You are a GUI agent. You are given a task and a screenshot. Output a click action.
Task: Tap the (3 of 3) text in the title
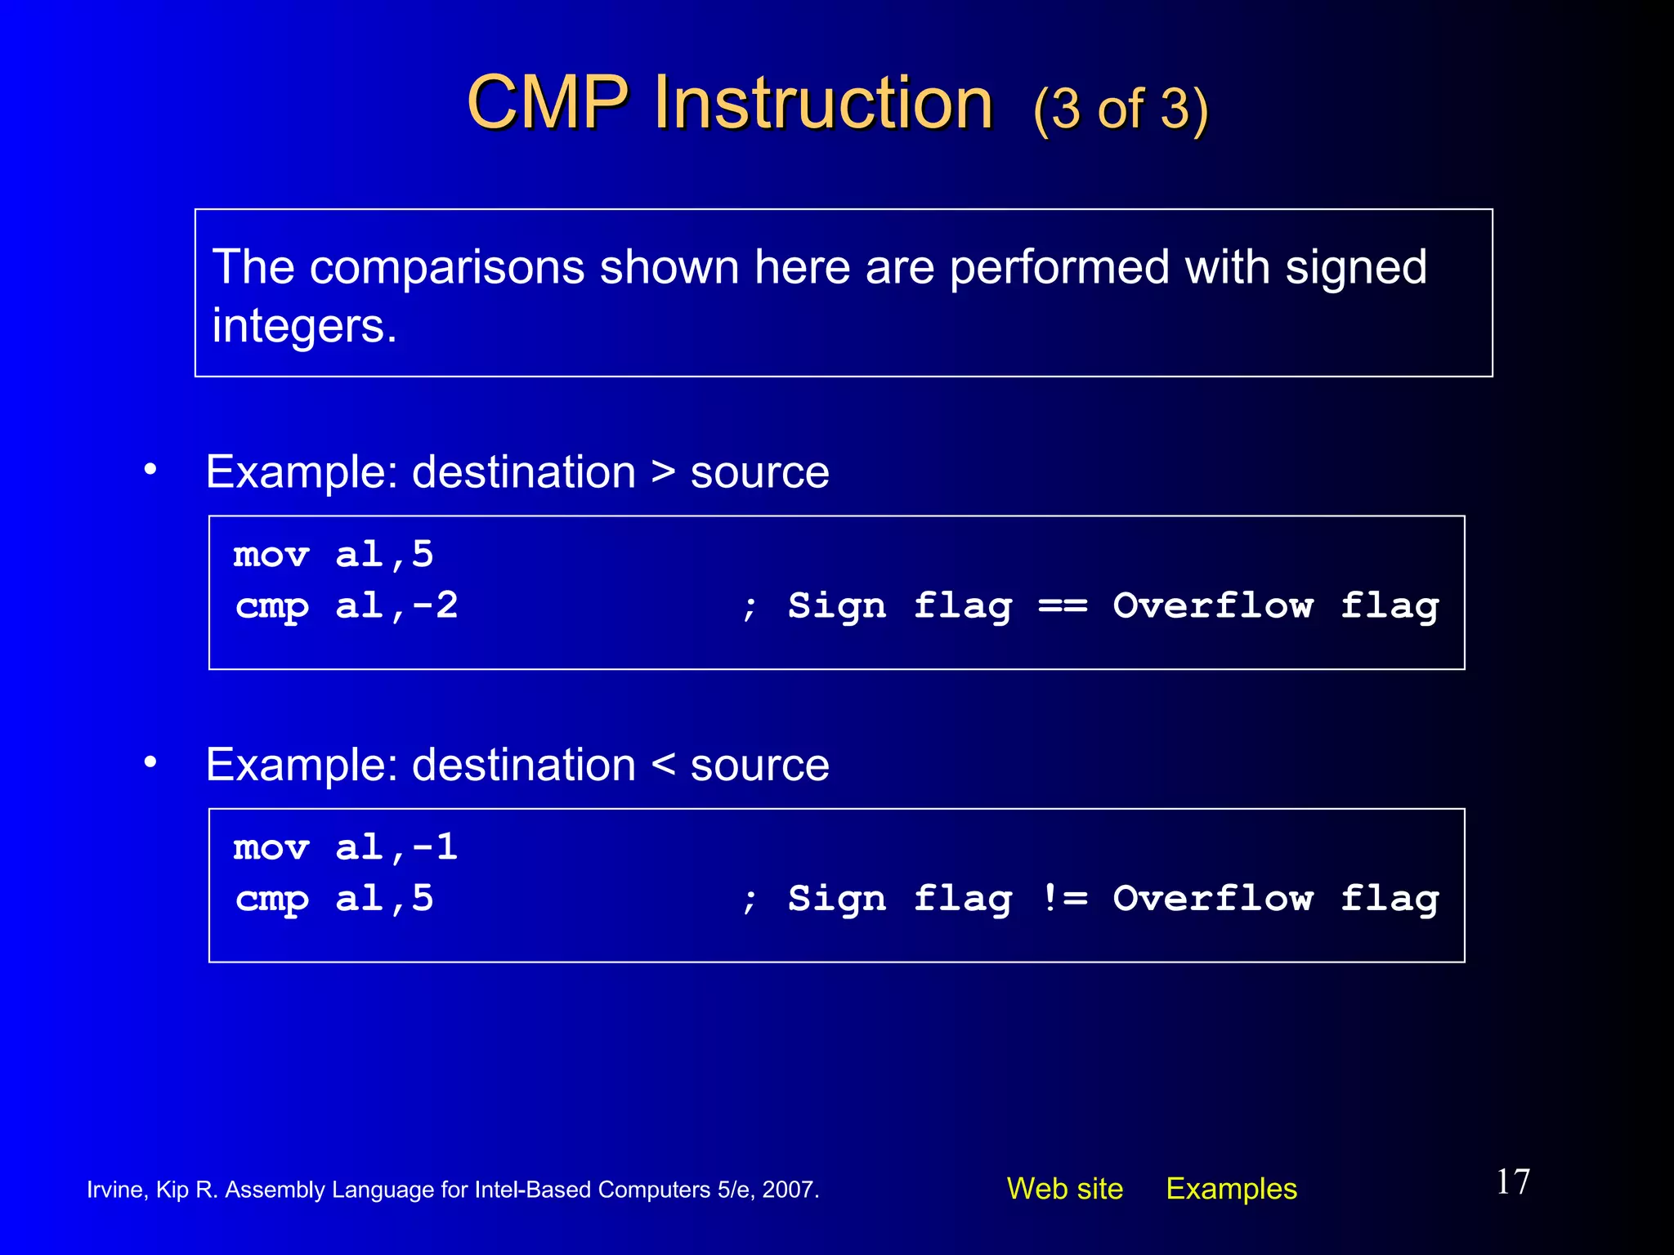[x=1120, y=109]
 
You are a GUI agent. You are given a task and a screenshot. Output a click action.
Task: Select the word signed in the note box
[x=1355, y=268]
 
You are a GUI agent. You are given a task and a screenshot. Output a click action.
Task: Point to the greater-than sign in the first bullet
[x=663, y=472]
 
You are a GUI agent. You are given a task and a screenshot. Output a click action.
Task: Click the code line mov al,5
[x=333, y=555]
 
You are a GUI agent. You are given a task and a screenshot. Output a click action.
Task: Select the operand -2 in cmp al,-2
[x=436, y=605]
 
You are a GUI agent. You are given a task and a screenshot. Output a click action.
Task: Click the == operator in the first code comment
[x=1063, y=605]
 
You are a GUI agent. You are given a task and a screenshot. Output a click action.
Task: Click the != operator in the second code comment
[x=1064, y=899]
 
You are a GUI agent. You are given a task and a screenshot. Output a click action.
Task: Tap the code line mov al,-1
[x=345, y=847]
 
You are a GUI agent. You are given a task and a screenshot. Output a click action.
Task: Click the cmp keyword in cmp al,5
[x=272, y=899]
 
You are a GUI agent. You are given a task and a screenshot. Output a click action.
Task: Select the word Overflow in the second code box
[x=1213, y=899]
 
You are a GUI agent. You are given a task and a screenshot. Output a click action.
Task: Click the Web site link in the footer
[x=1064, y=1189]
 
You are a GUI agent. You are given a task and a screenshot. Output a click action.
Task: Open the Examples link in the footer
[x=1231, y=1189]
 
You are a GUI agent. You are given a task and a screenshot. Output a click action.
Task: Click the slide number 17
[x=1512, y=1181]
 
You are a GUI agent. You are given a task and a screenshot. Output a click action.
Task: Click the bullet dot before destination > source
[x=150, y=470]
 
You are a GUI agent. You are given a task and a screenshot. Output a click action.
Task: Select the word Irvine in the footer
[x=115, y=1190]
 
